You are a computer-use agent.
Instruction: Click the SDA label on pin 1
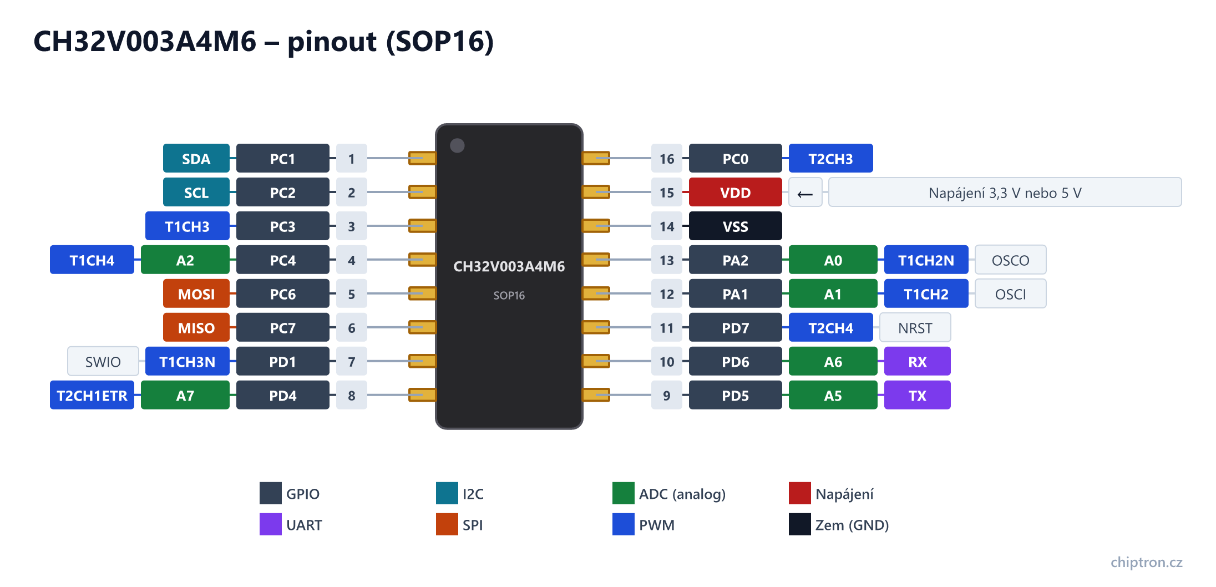pos(196,159)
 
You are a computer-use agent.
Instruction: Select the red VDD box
pos(735,193)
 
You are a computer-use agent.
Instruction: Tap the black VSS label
pos(735,226)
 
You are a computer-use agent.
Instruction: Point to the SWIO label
pos(103,362)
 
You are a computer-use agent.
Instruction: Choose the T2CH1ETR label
pos(92,396)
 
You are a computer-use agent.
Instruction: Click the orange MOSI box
pos(196,294)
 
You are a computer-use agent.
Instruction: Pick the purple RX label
pos(917,362)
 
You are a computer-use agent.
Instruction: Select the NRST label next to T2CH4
pos(915,328)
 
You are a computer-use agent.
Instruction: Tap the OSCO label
pos(1010,260)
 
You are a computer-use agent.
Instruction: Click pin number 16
pos(666,159)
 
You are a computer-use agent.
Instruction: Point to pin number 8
pos(351,396)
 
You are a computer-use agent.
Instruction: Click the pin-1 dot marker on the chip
pos(457,145)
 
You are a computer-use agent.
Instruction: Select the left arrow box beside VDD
pos(805,193)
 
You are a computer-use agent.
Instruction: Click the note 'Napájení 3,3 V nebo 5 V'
pos(1005,193)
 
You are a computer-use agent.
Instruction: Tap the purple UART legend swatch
pos(270,524)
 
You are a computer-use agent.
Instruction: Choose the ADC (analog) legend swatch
pos(623,493)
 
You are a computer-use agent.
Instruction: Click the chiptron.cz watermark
pos(1146,562)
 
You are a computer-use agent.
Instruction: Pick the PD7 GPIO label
pos(735,328)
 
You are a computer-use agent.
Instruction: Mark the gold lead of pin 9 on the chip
pos(596,395)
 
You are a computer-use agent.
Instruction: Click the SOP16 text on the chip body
pos(509,295)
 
